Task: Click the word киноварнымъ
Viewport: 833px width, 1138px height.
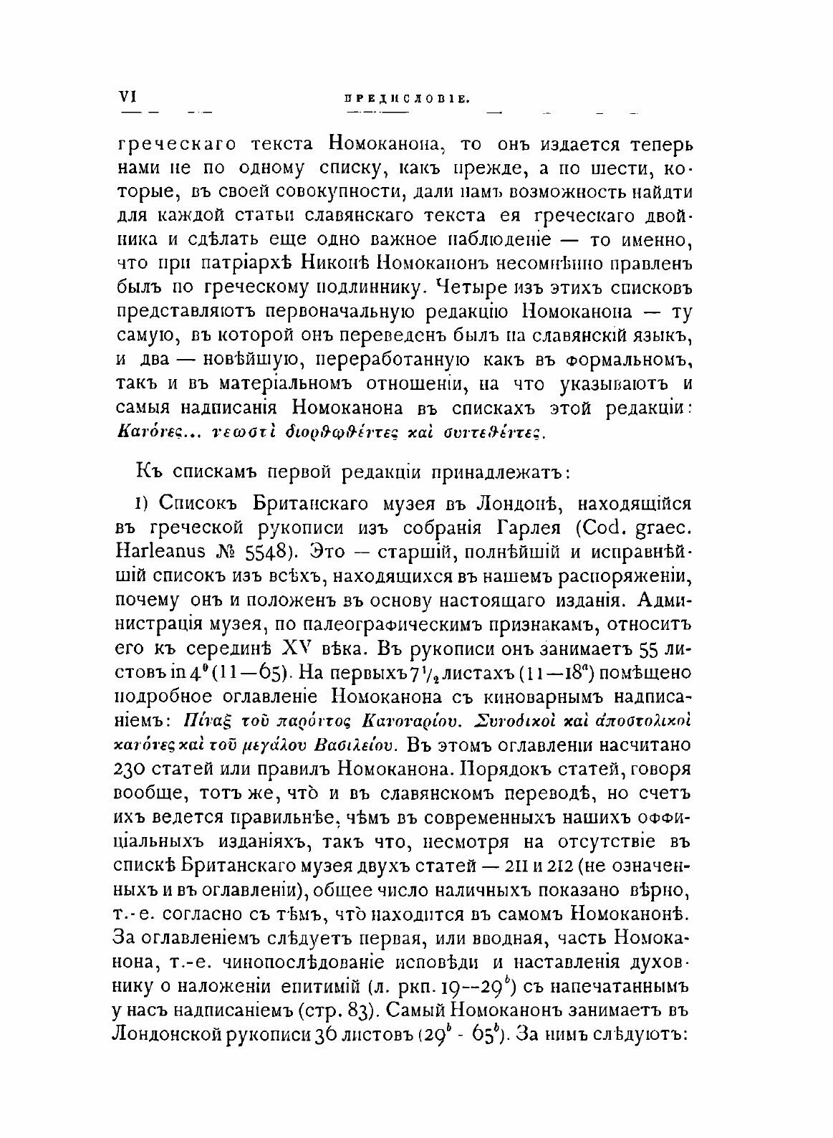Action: (518, 698)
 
